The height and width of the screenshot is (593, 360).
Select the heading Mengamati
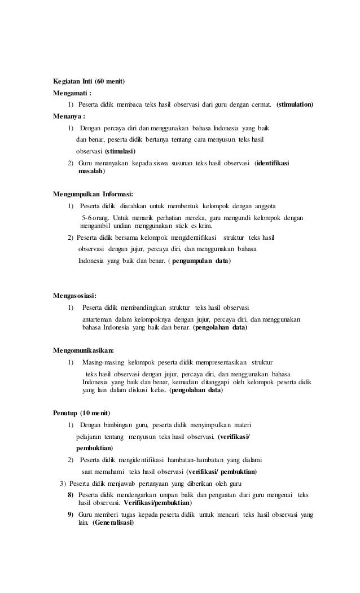point(72,94)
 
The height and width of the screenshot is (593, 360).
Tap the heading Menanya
point(68,117)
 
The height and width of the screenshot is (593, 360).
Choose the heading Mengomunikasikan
point(83,350)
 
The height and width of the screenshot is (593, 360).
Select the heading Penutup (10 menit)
point(81,412)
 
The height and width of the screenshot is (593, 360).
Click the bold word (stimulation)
point(295,105)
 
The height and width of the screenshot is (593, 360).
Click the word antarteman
point(99,319)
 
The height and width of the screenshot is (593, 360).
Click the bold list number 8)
point(71,495)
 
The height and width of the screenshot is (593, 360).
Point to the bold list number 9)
point(71,515)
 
